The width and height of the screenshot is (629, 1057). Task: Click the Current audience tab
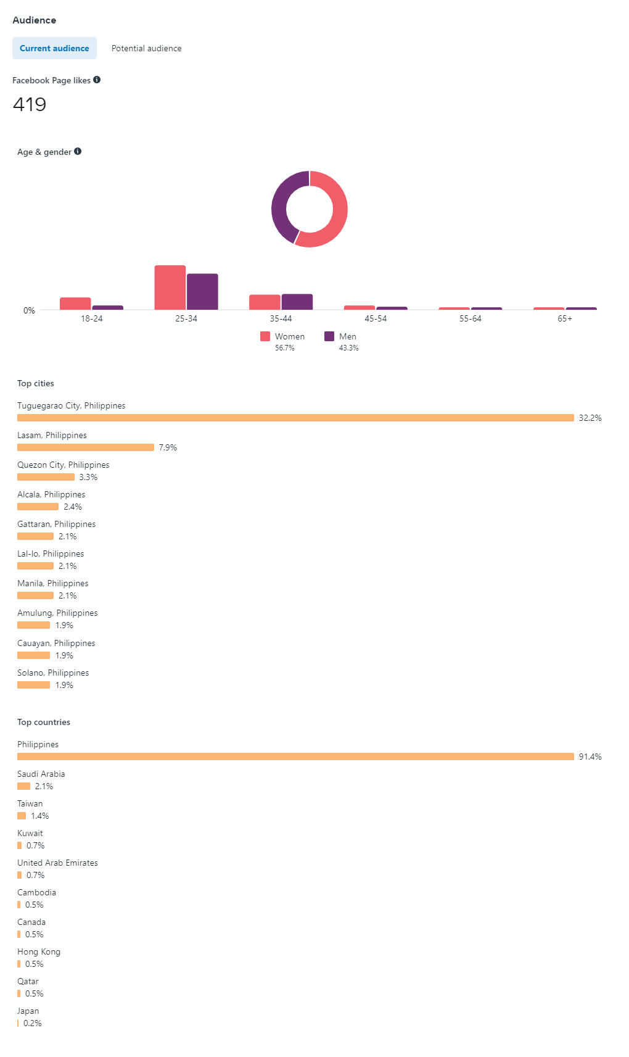click(54, 48)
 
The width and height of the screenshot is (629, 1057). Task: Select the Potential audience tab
click(146, 48)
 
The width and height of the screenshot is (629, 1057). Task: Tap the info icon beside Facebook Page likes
click(97, 80)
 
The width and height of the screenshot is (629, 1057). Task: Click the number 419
click(30, 104)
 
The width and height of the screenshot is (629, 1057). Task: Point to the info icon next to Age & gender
click(78, 151)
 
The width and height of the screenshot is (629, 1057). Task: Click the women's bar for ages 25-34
click(170, 288)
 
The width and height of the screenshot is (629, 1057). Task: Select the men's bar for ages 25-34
click(202, 291)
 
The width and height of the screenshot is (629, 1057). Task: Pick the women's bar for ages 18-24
click(75, 303)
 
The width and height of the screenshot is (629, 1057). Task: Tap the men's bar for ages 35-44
click(297, 302)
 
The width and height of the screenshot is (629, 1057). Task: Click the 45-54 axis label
click(376, 318)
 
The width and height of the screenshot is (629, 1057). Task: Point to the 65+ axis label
click(565, 318)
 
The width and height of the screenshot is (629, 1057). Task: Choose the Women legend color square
click(265, 336)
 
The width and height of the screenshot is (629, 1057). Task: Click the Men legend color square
click(329, 336)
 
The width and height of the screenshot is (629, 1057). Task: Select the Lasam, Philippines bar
click(86, 447)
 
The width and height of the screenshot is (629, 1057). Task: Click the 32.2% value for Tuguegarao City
click(590, 418)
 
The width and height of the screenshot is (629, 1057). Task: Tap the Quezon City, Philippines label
click(64, 465)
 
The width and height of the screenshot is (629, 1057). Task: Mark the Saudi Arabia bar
click(23, 786)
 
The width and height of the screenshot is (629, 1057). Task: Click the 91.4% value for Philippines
click(590, 756)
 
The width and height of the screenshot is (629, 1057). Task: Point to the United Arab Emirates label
click(57, 863)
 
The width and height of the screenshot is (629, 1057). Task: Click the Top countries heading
click(44, 722)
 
